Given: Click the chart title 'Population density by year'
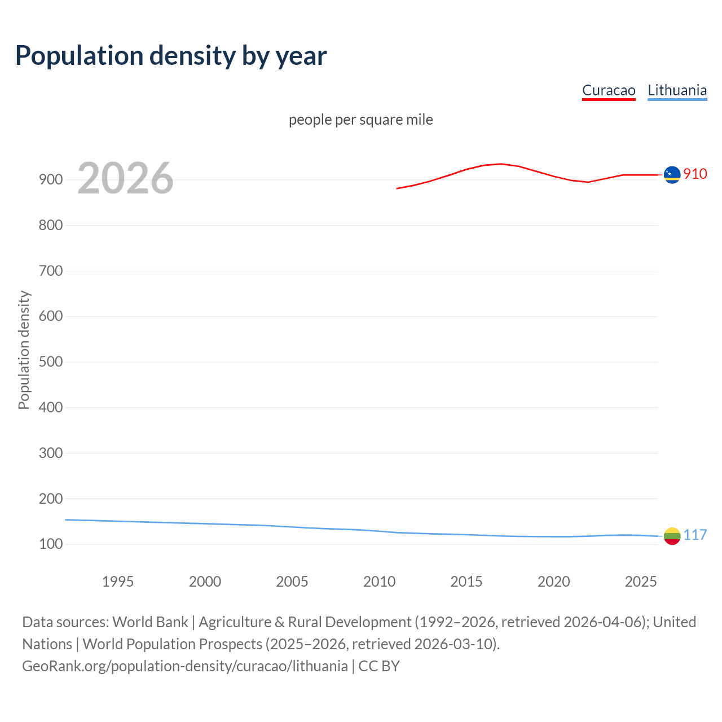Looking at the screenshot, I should (171, 56).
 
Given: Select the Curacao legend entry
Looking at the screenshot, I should (609, 90).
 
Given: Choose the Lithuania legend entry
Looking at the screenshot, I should (677, 90).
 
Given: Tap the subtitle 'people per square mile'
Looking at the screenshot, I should (360, 120).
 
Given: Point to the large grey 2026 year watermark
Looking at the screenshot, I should (125, 178).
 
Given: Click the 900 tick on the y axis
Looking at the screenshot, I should (51, 180).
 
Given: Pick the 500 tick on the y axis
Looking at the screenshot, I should (51, 362).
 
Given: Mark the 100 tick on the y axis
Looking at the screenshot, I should (51, 544).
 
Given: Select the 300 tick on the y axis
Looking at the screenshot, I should (51, 453).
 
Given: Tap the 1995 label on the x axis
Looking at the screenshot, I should (117, 582).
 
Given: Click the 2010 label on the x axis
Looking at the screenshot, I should (379, 582).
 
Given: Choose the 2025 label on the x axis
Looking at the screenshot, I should (641, 582).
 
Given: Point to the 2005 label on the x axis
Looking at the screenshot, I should (292, 582).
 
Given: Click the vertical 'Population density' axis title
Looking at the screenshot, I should (24, 350).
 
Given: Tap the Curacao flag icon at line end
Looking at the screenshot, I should (672, 175).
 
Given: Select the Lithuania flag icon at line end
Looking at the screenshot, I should (672, 536).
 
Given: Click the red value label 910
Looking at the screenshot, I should (695, 174).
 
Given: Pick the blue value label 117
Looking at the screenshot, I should (695, 535).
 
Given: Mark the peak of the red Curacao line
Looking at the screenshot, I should (501, 164).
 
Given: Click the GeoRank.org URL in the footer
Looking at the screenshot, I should (185, 666).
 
